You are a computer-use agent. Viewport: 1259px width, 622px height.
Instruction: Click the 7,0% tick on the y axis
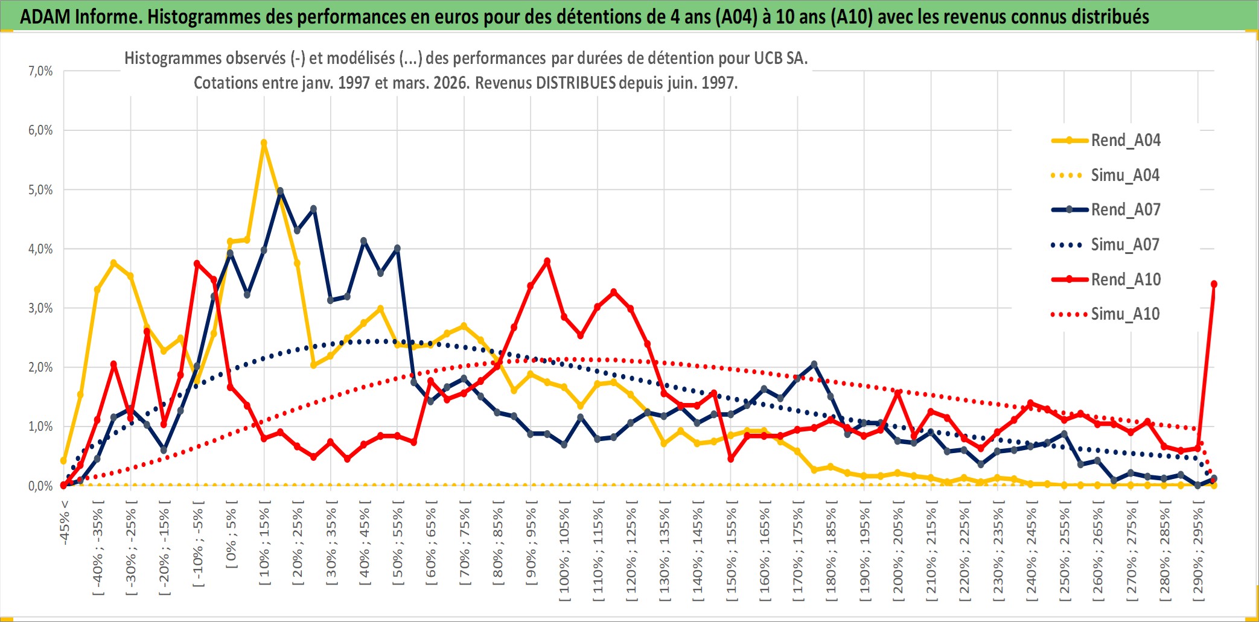tap(40, 71)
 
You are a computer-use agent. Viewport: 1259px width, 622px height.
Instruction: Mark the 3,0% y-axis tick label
tap(40, 308)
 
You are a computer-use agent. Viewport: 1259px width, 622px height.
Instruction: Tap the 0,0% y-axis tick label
tap(40, 486)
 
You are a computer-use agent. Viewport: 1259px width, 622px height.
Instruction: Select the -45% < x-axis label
tap(65, 523)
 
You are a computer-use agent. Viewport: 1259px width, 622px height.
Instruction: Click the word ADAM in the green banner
tap(45, 16)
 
